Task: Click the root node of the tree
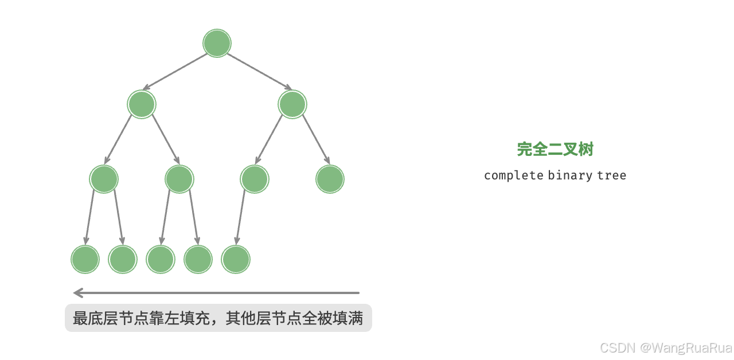[217, 44]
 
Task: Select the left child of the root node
[142, 104]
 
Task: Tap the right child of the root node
[292, 104]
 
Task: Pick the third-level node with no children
[330, 179]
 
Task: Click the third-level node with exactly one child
[254, 179]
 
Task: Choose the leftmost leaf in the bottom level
[85, 259]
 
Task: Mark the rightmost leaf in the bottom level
[236, 259]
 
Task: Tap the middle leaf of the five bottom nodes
[160, 259]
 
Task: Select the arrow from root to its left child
[175, 72]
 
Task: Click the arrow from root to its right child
[259, 72]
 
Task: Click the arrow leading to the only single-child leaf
[240, 218]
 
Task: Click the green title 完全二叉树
[555, 150]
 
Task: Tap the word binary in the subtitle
[570, 175]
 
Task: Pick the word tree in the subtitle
[611, 175]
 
